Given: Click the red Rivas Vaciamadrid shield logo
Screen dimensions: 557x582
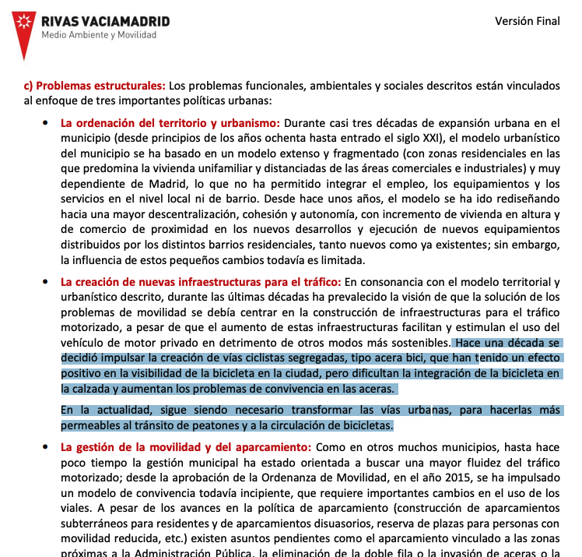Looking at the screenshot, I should [25, 30].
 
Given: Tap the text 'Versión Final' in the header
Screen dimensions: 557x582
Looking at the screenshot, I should [527, 21].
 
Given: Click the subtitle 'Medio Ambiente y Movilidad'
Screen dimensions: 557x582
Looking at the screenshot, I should [99, 35].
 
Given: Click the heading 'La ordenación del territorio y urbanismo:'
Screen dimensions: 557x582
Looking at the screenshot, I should [170, 122].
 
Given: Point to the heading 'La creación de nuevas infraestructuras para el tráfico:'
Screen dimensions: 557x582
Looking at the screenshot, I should [201, 281].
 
